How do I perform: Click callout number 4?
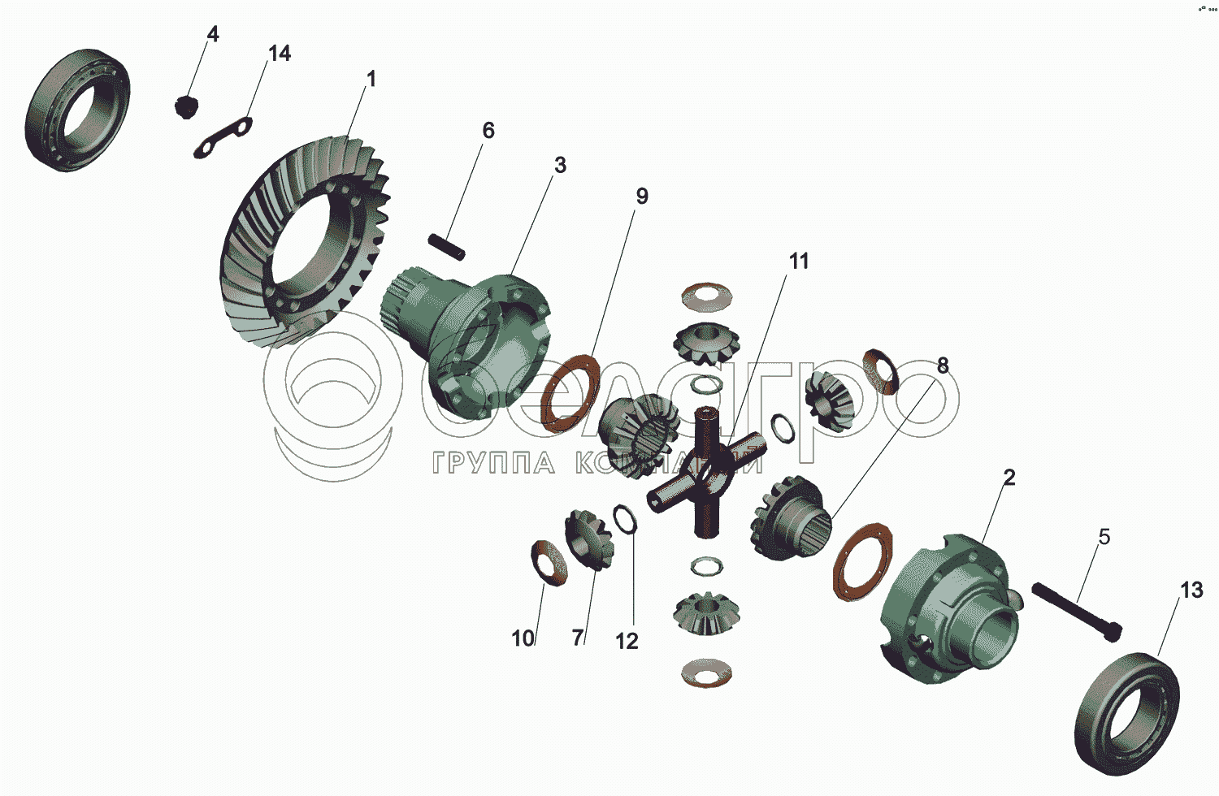213,34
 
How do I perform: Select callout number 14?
279,54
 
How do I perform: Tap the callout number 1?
371,80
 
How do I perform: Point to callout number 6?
488,130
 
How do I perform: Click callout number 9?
642,197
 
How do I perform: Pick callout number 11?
799,261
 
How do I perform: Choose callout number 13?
1191,590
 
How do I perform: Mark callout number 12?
627,641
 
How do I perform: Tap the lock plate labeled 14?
223,137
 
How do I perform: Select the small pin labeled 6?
447,247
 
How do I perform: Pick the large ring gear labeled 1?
305,244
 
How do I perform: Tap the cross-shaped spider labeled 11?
708,474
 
